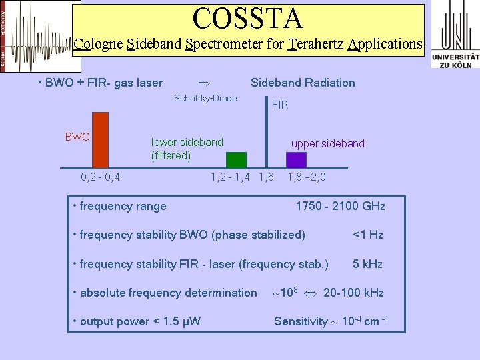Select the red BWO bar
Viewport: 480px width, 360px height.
point(100,140)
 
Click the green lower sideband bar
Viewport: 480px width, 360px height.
point(236,159)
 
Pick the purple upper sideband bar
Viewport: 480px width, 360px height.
point(296,159)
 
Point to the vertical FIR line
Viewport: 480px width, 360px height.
point(267,133)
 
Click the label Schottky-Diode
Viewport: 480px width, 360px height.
point(205,99)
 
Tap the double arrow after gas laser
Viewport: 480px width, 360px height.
point(205,83)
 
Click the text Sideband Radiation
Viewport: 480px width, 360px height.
point(303,83)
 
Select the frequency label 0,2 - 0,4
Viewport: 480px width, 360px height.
point(100,177)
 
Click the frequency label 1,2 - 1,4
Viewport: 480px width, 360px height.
point(231,177)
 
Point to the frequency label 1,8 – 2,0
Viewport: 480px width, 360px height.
point(307,177)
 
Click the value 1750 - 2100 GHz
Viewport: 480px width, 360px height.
point(340,206)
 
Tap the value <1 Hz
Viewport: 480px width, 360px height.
point(367,235)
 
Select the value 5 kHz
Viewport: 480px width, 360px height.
point(367,264)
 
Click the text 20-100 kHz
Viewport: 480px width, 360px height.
point(353,293)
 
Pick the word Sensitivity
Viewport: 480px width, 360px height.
point(301,322)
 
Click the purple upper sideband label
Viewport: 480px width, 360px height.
point(328,144)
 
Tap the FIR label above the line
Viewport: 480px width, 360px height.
point(280,105)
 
